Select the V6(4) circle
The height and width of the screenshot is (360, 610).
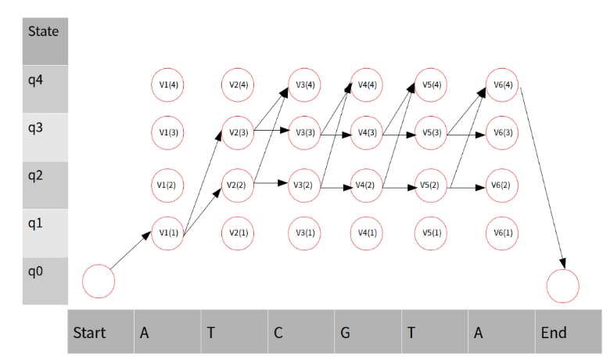click(x=501, y=85)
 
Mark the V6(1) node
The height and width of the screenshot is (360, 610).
click(x=501, y=233)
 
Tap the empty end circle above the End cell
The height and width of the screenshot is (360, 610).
click(x=562, y=286)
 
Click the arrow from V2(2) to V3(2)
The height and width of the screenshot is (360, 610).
click(x=268, y=184)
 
